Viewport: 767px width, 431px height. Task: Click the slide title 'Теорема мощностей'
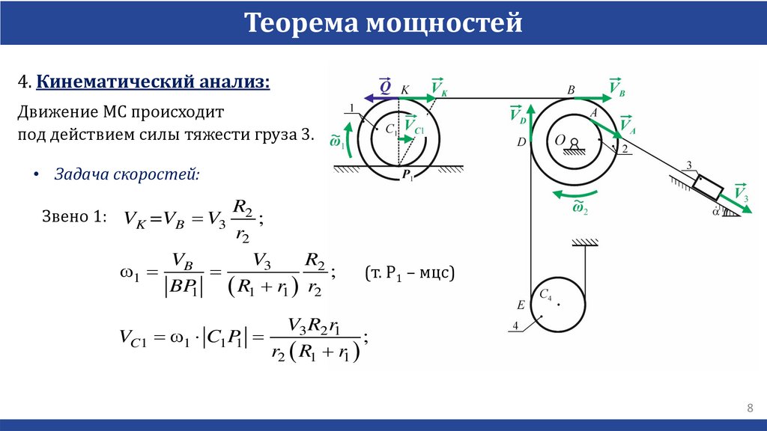click(x=383, y=24)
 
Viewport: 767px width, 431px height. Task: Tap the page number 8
click(x=750, y=407)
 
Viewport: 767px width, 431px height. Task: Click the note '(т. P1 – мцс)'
click(x=410, y=274)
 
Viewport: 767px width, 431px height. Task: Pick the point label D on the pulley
click(x=520, y=141)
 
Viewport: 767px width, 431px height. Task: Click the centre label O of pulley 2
click(x=559, y=140)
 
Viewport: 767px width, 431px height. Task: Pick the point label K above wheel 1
click(x=405, y=90)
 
